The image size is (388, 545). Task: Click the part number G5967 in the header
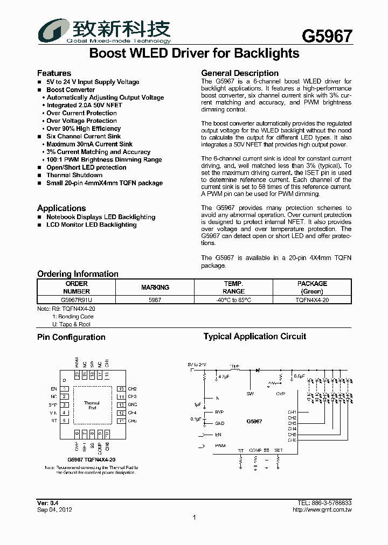pyautogui.click(x=327, y=36)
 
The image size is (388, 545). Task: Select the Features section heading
pyautogui.click(x=54, y=73)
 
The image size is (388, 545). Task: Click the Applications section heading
pyautogui.click(x=61, y=208)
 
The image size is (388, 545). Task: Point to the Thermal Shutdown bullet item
pyautogui.click(x=74, y=175)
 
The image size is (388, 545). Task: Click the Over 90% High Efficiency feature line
pyautogui.click(x=84, y=129)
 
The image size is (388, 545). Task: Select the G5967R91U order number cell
pyautogui.click(x=77, y=300)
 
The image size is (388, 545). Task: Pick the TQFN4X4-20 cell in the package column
pyautogui.click(x=313, y=300)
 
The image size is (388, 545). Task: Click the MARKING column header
pyautogui.click(x=155, y=288)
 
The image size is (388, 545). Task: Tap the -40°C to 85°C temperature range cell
pyautogui.click(x=233, y=300)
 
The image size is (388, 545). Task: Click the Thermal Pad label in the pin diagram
pyautogui.click(x=92, y=405)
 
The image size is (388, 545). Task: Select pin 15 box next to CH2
pyautogui.click(x=121, y=389)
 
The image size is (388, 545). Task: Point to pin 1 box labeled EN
pyautogui.click(x=65, y=389)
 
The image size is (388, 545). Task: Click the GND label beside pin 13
pyautogui.click(x=133, y=404)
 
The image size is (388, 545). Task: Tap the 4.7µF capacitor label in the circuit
pyautogui.click(x=224, y=377)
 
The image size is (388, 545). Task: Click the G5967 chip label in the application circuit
pyautogui.click(x=254, y=422)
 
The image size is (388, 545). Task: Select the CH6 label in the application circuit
pyautogui.click(x=292, y=440)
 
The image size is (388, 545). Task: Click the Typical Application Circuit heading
pyautogui.click(x=254, y=337)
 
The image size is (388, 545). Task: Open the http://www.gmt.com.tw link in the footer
pyautogui.click(x=322, y=509)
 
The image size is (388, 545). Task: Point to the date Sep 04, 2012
pyautogui.click(x=54, y=509)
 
